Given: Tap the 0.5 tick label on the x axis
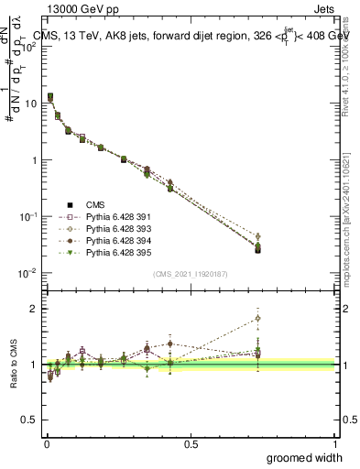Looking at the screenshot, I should pos(191,443).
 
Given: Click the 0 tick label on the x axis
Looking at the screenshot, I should pos(46,443).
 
